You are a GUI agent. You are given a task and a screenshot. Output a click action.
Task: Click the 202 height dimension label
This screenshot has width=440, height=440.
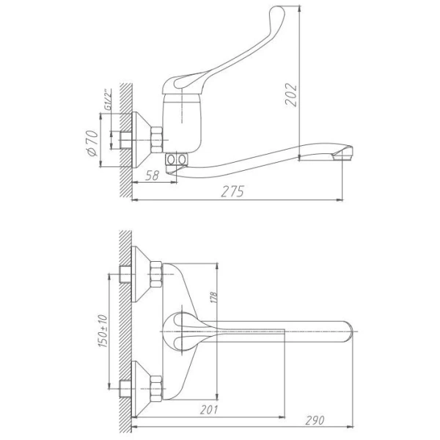[x=290, y=95]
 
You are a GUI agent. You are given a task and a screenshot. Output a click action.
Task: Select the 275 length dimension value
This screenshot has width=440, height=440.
[x=232, y=191]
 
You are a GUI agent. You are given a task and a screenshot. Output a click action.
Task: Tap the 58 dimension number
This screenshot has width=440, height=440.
[x=153, y=175]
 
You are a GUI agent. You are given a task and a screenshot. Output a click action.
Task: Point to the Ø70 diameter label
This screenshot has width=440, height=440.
[x=92, y=143]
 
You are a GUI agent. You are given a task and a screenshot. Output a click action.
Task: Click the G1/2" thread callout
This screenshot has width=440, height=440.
[x=107, y=100]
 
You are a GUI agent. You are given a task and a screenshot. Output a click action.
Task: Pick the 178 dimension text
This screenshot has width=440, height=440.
[x=213, y=298]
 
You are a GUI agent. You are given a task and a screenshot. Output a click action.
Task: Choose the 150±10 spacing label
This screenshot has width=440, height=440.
[x=103, y=331]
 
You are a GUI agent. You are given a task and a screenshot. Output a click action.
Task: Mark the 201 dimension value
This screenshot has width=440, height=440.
[x=209, y=410]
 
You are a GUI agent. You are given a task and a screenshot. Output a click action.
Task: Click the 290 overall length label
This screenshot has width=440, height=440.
[x=315, y=420]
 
